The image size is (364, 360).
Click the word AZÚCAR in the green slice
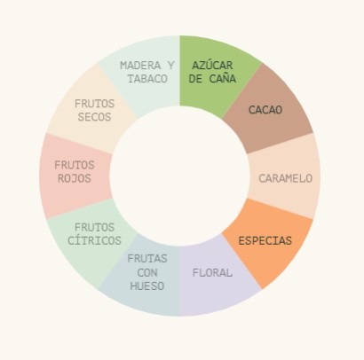click(212, 65)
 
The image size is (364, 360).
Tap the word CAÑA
click(223, 79)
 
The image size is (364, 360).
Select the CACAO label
click(265, 110)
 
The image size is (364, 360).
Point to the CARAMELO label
click(286, 178)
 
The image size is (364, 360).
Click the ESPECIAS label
click(265, 240)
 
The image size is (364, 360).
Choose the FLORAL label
click(212, 272)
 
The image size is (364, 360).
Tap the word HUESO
click(147, 286)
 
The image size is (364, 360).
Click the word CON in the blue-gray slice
click(147, 272)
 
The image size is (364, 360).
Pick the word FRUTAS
click(147, 259)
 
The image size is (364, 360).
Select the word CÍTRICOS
click(94, 240)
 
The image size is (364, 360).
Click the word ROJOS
click(75, 178)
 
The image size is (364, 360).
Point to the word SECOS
click(94, 117)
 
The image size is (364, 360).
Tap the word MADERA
click(140, 66)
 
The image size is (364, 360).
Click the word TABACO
click(147, 79)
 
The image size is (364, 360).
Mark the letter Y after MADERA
click(171, 66)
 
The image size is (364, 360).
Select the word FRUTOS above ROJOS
click(75, 165)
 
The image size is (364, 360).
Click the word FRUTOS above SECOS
click(94, 104)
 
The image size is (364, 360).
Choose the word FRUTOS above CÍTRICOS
click(94, 227)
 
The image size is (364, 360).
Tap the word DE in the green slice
click(195, 79)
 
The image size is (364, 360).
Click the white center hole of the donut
click(179, 176)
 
